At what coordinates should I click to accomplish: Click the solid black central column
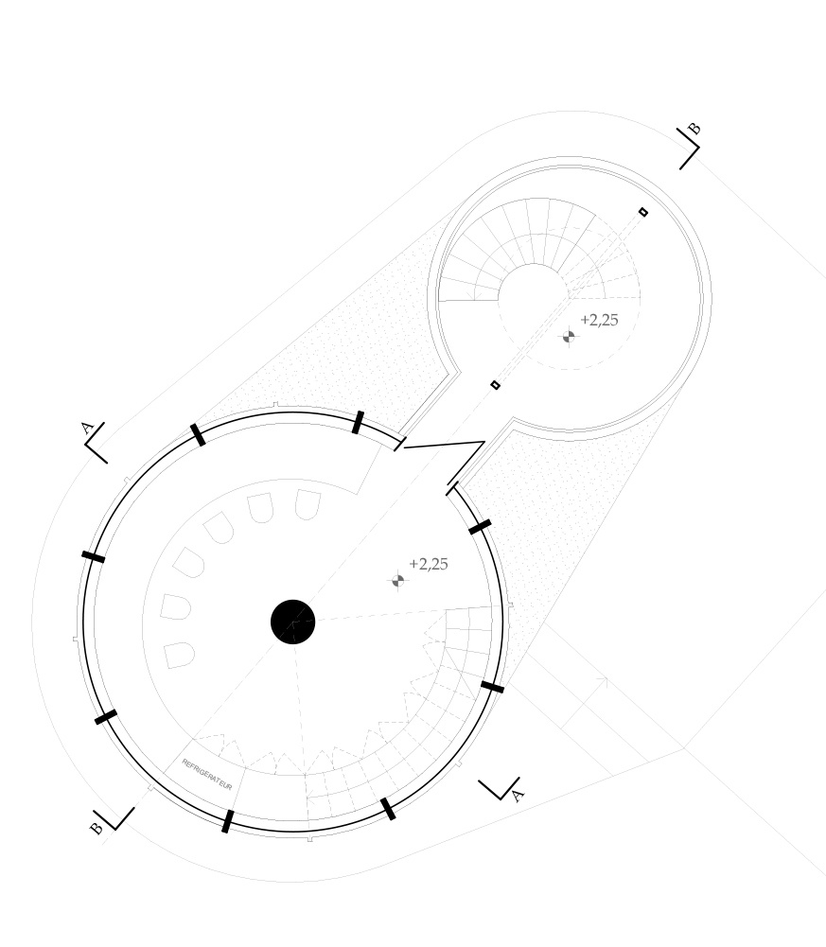tap(293, 622)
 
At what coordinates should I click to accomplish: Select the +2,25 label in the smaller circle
tap(599, 320)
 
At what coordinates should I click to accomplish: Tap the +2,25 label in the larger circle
tap(429, 564)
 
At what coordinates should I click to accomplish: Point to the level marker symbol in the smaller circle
tap(569, 337)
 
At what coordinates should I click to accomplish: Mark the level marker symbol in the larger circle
tap(397, 580)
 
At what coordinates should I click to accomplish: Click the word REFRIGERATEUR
tap(206, 774)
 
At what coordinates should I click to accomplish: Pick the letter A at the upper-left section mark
tap(87, 429)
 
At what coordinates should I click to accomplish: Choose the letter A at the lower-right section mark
tap(518, 796)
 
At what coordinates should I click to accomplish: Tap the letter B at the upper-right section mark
tap(694, 129)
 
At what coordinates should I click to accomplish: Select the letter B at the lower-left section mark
tap(97, 828)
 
